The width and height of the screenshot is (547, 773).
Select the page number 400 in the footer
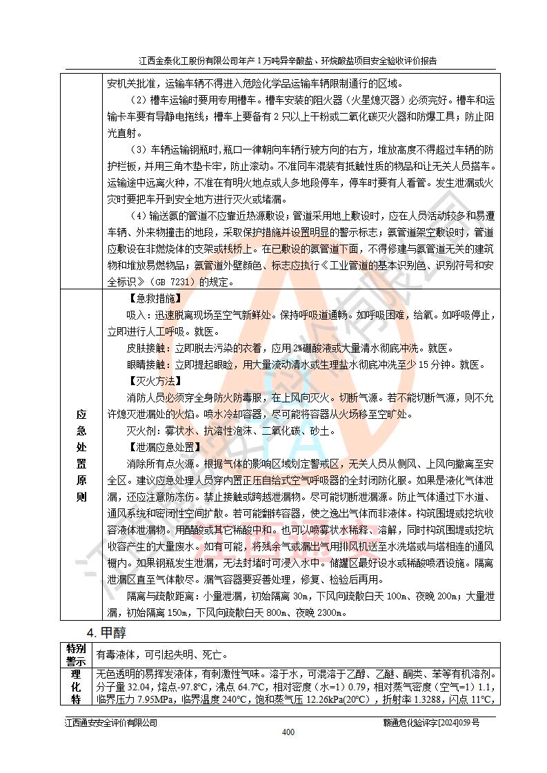point(288,732)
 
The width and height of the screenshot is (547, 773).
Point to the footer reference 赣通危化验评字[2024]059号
point(431,722)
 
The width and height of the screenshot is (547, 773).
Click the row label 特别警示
point(77,655)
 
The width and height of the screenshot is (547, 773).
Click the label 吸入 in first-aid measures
point(137,315)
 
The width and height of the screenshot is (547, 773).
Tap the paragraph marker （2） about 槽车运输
point(139,101)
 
